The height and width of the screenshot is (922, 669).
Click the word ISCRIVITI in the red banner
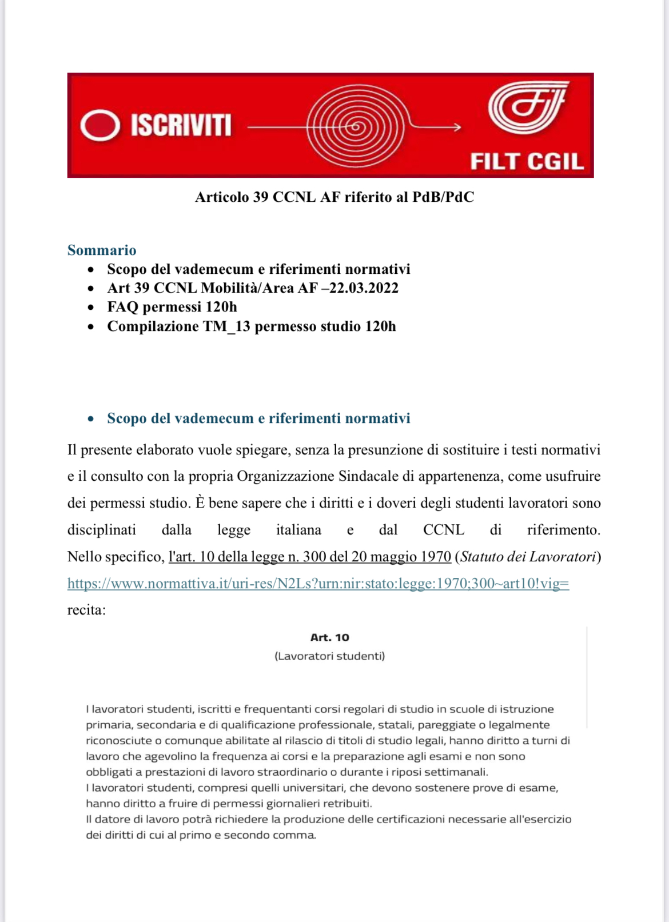point(181,125)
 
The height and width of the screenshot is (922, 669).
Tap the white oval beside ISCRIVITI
point(100,125)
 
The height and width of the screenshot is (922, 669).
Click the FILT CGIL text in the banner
point(527,161)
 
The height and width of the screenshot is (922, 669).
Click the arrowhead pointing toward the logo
point(457,127)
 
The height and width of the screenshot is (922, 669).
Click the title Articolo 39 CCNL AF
point(334,197)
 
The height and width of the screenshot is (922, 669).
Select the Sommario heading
point(102,250)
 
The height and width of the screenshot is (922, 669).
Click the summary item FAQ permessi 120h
point(172,307)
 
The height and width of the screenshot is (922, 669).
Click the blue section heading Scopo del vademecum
point(258,418)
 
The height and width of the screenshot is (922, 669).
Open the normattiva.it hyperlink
point(318,584)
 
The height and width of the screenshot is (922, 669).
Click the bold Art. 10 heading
point(329,637)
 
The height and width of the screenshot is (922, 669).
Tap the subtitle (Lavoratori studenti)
point(329,656)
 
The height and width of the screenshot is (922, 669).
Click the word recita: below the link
point(86,610)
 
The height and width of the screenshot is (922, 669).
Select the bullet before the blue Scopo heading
point(91,419)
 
